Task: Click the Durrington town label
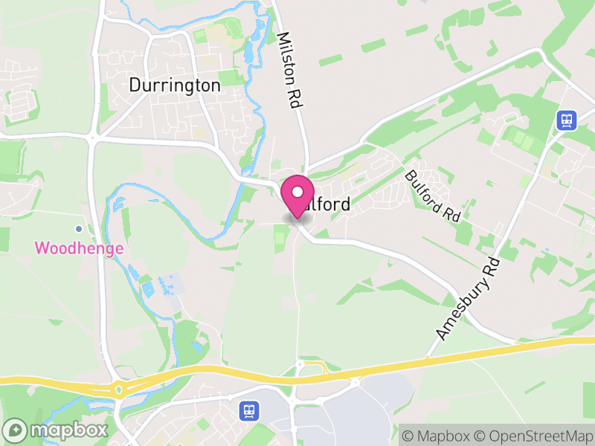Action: point(175,85)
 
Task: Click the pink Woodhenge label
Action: point(79,248)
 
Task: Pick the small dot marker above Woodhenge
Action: point(79,228)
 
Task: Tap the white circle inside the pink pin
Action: point(297,192)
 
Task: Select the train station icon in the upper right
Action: point(566,120)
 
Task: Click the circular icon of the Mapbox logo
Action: point(16,430)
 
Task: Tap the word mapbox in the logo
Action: point(68,430)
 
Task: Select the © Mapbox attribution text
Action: point(439,436)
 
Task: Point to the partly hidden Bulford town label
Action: point(327,204)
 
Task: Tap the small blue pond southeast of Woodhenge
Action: point(147,286)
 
